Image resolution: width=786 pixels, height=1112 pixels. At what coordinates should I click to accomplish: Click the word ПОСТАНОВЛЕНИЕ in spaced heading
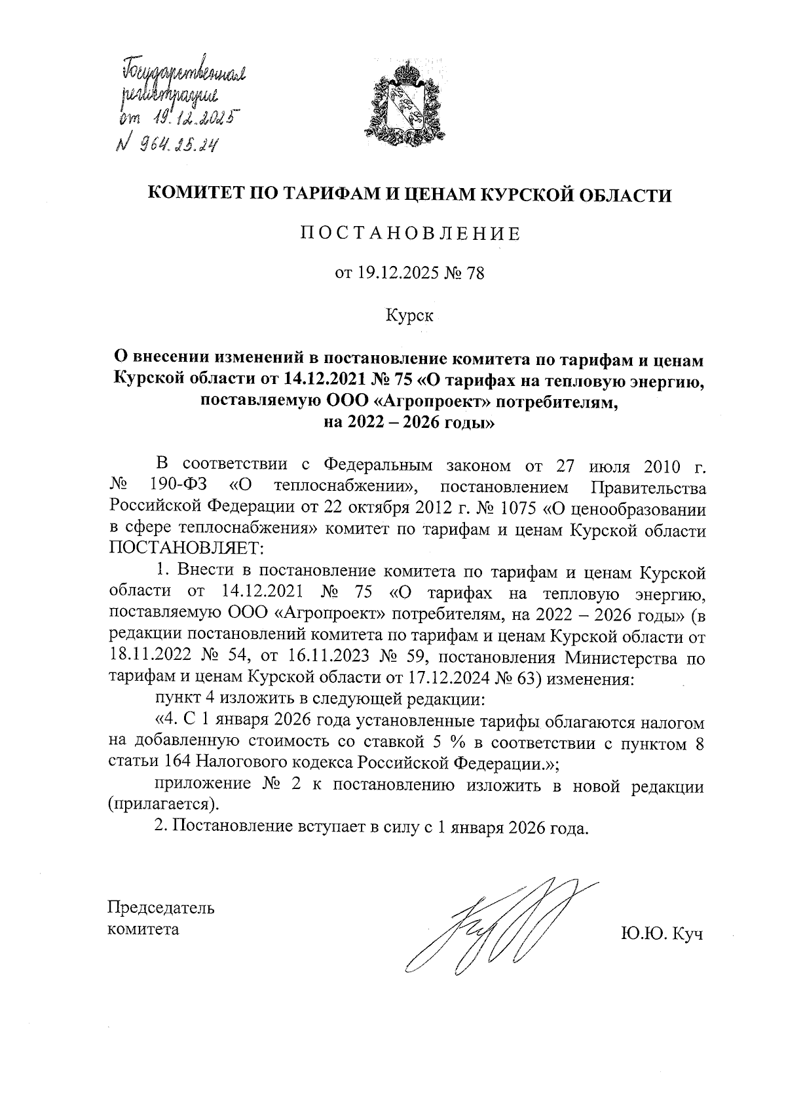click(411, 234)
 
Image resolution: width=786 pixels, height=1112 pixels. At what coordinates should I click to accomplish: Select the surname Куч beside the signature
click(686, 934)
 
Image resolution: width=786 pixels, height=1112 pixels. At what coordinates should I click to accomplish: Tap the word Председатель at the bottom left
click(160, 908)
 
